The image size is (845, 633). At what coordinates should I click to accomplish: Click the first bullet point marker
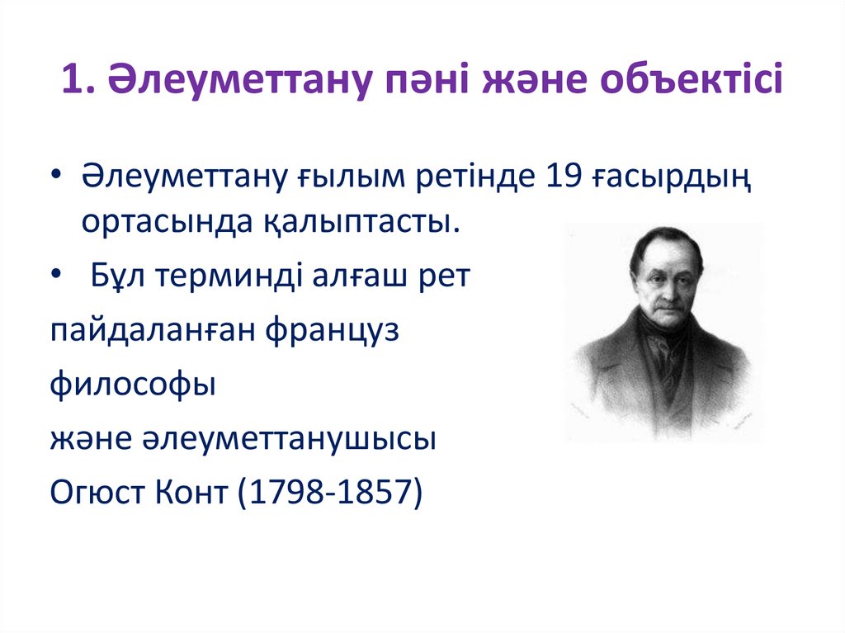tap(57, 177)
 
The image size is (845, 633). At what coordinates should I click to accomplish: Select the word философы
tap(132, 384)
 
